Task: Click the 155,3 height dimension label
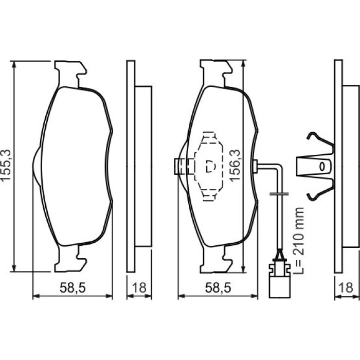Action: [x=6, y=165]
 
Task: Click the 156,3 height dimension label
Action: [x=235, y=166]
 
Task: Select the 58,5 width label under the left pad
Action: [x=73, y=287]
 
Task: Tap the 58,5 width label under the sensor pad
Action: [x=218, y=287]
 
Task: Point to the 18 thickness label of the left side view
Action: [x=139, y=287]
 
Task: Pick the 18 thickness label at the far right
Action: [x=346, y=287]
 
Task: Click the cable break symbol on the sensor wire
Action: [x=279, y=194]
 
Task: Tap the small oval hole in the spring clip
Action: [x=322, y=166]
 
